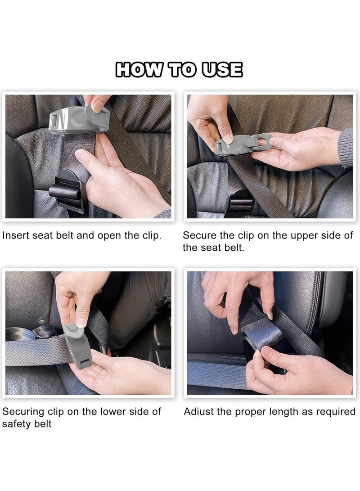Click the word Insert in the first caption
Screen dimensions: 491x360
click(16, 235)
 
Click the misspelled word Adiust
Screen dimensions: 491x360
click(199, 411)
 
